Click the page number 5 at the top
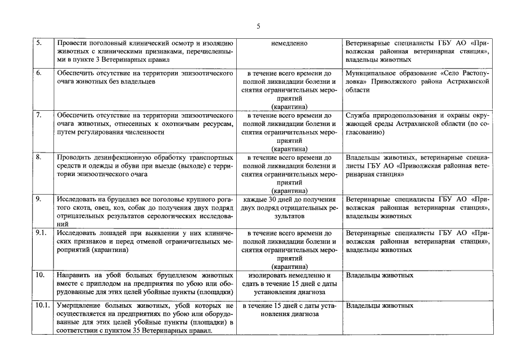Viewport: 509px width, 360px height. (258, 26)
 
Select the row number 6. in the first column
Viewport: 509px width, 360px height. (39, 73)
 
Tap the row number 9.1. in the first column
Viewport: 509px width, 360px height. (42, 232)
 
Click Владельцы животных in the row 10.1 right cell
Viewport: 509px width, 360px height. (380, 305)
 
